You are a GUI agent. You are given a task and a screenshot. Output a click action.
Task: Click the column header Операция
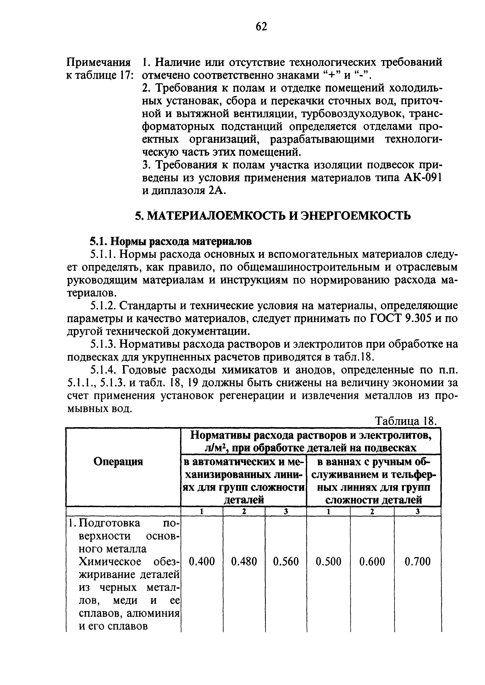[118, 462]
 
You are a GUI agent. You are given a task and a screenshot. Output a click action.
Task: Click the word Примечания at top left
[99, 62]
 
